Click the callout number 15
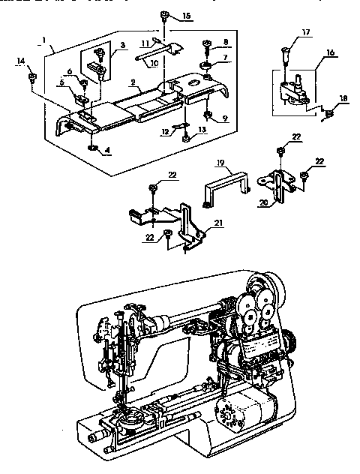click(x=186, y=15)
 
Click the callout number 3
click(x=121, y=46)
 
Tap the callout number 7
click(x=226, y=58)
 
